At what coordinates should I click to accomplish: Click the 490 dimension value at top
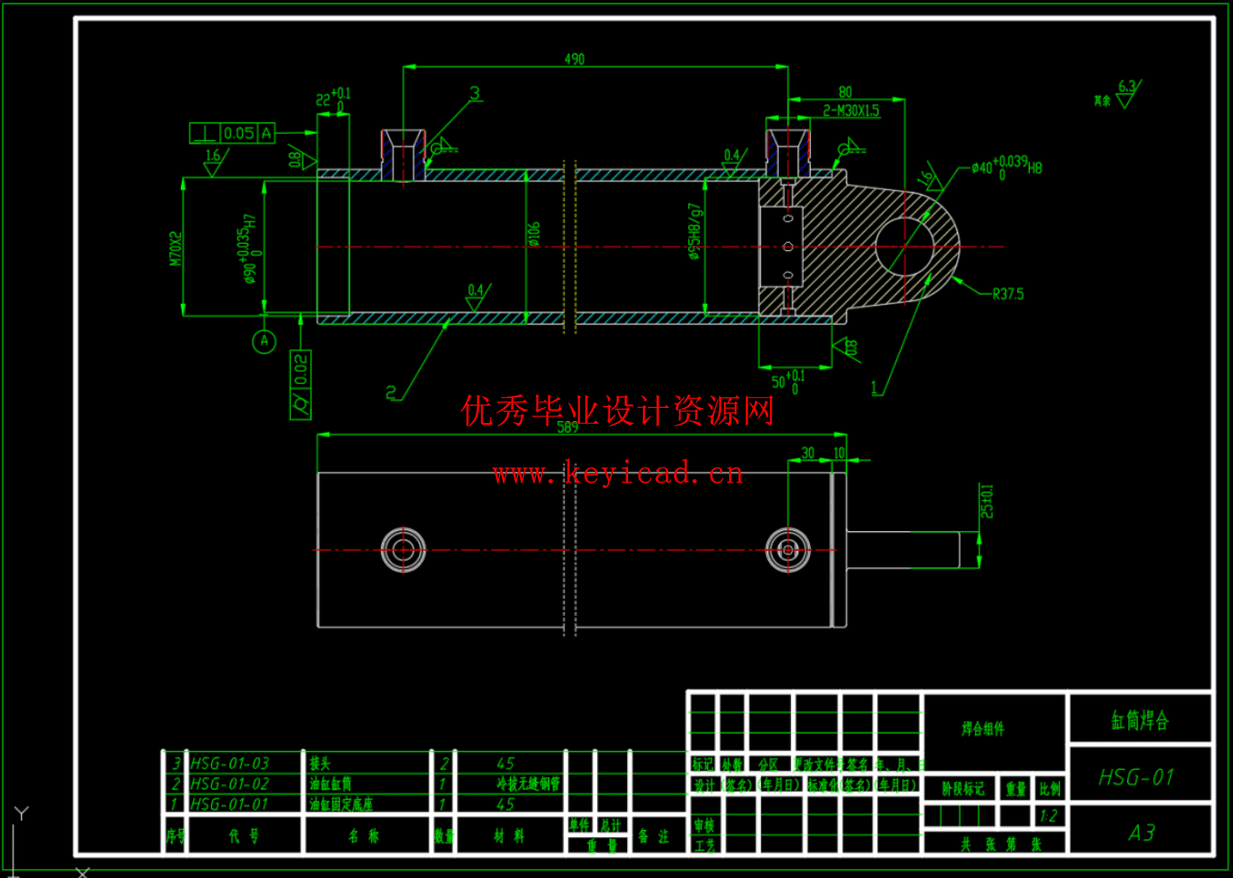pos(574,59)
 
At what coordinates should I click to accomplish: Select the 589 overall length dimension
pos(568,427)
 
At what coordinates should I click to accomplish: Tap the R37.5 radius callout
pos(1008,294)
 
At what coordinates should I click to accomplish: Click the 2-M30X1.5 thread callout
pos(851,111)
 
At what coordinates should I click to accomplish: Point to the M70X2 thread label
pos(176,248)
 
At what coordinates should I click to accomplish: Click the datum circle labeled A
pos(263,341)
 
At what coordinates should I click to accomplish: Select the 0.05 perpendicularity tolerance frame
pos(232,133)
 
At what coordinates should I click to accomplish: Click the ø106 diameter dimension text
pos(533,234)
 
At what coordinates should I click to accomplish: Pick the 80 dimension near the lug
pos(844,92)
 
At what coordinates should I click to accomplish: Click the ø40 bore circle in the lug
pos(905,247)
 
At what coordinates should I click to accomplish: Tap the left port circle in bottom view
pos(404,550)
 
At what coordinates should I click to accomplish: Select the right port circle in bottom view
pos(788,550)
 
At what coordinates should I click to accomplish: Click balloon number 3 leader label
pos(475,93)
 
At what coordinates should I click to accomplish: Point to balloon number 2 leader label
pos(391,392)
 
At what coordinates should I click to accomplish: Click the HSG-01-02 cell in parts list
pos(230,784)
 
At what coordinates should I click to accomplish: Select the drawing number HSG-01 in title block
pos(1136,778)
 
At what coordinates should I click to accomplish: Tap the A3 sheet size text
pos(1142,833)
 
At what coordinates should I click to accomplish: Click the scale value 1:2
pos(1048,816)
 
